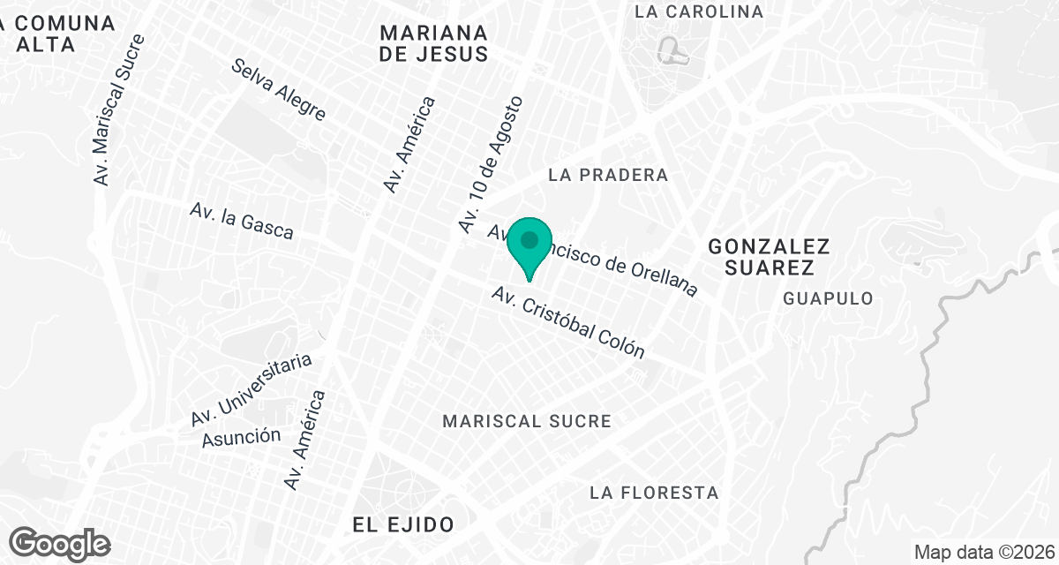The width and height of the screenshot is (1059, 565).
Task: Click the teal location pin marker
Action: pyautogui.click(x=529, y=244)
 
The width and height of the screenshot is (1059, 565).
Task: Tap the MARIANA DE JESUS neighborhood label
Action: pyautogui.click(x=433, y=43)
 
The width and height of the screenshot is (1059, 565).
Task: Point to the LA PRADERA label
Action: pyautogui.click(x=608, y=175)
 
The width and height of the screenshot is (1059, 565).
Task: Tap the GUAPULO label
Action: pyautogui.click(x=828, y=298)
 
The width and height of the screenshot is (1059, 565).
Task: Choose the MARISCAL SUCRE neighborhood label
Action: pyautogui.click(x=528, y=420)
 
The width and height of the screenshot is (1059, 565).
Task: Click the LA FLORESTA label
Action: pyautogui.click(x=655, y=492)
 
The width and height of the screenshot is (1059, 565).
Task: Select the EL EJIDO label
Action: pyautogui.click(x=403, y=524)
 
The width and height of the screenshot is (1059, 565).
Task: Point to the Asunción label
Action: pyautogui.click(x=241, y=435)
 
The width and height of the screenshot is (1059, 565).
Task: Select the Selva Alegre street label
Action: pyautogui.click(x=280, y=90)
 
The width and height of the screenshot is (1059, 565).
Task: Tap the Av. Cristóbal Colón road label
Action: pyautogui.click(x=569, y=322)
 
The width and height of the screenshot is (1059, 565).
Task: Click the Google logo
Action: pyautogui.click(x=60, y=544)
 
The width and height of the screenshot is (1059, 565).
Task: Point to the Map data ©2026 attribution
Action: pyautogui.click(x=983, y=553)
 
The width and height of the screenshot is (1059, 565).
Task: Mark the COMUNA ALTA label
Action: pyautogui.click(x=58, y=34)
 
